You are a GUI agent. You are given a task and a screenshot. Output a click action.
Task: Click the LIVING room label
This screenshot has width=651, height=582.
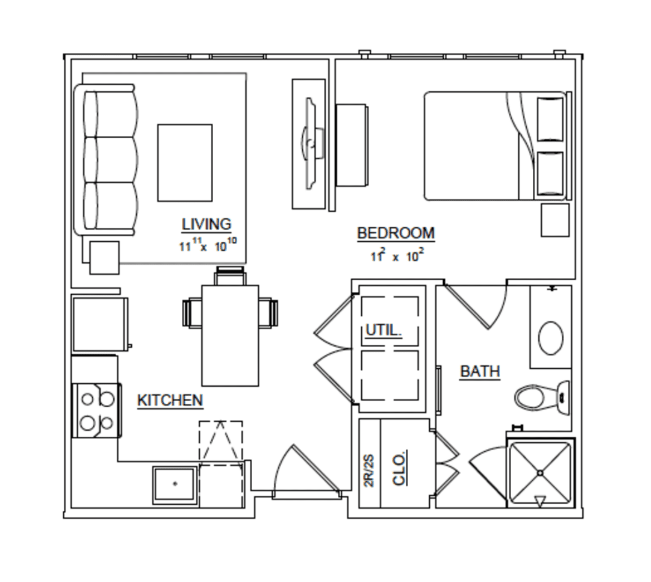pyautogui.click(x=206, y=224)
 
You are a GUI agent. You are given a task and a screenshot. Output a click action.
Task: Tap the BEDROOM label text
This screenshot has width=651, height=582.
pyautogui.click(x=396, y=233)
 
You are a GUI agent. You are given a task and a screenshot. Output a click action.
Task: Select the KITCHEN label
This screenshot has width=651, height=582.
pyautogui.click(x=170, y=401)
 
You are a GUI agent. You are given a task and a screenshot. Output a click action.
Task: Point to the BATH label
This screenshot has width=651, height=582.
pyautogui.click(x=480, y=371)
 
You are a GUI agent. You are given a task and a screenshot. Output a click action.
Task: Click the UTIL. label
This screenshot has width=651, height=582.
pyautogui.click(x=384, y=330)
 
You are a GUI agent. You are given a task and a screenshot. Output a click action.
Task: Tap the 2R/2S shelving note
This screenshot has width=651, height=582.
pyautogui.click(x=369, y=470)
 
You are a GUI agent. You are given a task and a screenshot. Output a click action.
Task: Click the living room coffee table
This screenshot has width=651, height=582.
pyautogui.click(x=185, y=163)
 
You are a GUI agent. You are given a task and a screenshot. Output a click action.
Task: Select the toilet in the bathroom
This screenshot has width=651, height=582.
pyautogui.click(x=542, y=397)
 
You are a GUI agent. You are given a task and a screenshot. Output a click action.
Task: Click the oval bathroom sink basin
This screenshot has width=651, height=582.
pyautogui.click(x=551, y=338)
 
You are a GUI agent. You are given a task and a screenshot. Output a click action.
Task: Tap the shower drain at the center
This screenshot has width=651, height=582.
pyautogui.click(x=540, y=473)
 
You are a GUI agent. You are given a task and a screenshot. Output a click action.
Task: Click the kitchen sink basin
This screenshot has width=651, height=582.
pyautogui.click(x=175, y=485)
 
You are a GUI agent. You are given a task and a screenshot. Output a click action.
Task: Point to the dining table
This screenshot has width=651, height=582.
pyautogui.click(x=230, y=335)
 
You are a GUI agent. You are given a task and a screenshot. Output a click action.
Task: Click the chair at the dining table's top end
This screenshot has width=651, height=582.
pyautogui.click(x=230, y=276)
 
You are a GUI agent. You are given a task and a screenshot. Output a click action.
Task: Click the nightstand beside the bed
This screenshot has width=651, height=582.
pyautogui.click(x=555, y=220)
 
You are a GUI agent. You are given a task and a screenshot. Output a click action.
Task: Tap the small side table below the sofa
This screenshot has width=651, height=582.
pyautogui.click(x=104, y=258)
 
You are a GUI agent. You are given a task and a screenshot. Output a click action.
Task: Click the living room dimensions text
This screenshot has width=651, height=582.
pyautogui.click(x=208, y=245)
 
